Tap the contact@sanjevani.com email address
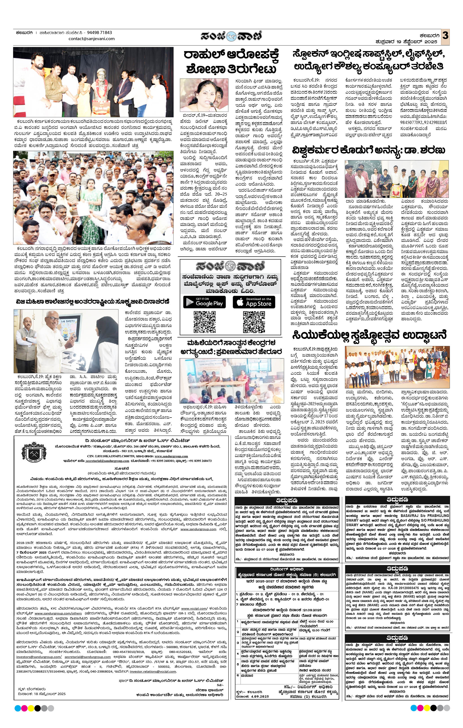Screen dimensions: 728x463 point(92,39)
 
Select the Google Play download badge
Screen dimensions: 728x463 point(204,302)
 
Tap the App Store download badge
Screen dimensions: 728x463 point(254,302)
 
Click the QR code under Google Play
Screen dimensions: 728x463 point(204,321)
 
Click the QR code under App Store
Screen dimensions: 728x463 point(254,321)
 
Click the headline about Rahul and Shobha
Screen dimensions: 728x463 point(231,62)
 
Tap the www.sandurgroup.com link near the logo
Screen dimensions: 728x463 point(171,456)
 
